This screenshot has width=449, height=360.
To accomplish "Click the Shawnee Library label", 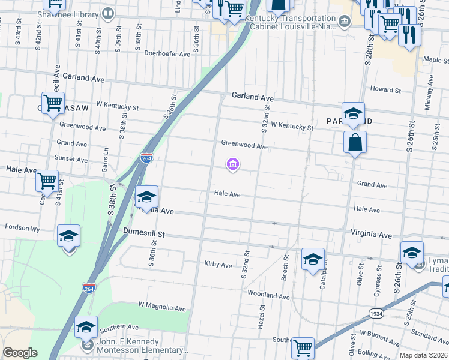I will coord(63,13).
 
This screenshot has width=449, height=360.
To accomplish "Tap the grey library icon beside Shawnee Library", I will coord(108,13).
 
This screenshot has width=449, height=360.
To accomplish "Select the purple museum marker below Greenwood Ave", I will coord(232,164).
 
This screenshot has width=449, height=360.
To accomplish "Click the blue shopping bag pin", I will coord(355,143).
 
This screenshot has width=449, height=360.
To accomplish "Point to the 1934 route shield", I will coord(376,313).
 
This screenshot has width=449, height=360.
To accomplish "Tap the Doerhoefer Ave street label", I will coord(167,53).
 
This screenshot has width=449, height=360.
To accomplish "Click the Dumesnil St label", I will coord(143,231).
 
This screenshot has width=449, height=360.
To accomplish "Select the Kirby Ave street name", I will coord(218,265).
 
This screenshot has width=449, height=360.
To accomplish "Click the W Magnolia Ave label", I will coord(162,308).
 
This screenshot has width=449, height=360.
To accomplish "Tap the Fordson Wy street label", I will coord(22,227).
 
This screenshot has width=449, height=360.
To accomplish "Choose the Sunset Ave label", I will coord(71,159).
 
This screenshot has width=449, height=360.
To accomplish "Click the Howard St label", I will coord(385,90).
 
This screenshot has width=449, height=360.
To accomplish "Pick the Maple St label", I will coord(436,60).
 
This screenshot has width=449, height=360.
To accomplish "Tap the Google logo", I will coord(20,353).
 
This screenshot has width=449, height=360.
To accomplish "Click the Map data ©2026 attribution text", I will coord(422,355).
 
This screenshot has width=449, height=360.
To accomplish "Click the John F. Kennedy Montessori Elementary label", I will coord(142,350).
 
